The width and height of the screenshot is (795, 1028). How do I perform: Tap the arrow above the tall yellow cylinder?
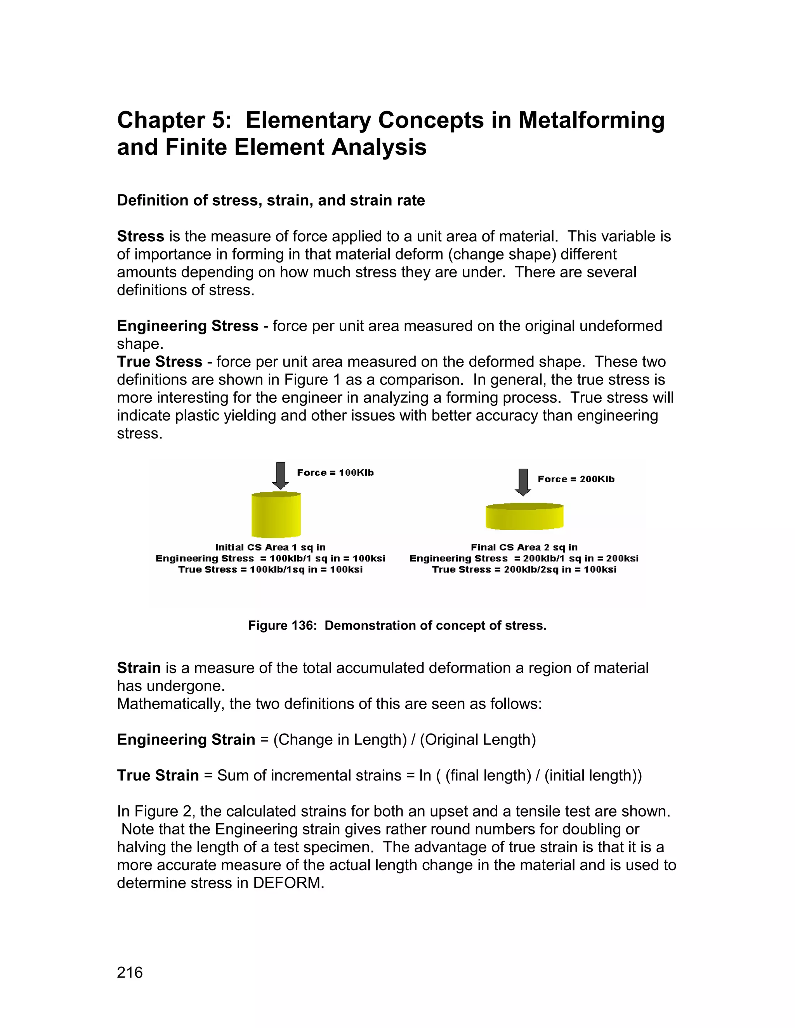(x=281, y=476)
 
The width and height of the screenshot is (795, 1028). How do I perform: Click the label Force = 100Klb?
(x=335, y=472)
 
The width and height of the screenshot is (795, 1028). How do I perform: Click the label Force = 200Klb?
(x=576, y=479)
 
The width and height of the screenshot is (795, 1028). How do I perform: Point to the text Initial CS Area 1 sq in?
(x=270, y=547)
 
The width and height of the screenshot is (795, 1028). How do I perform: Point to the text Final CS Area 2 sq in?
(x=524, y=547)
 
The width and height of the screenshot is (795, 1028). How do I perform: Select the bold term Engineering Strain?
(x=186, y=739)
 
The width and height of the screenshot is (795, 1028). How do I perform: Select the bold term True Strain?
(x=158, y=775)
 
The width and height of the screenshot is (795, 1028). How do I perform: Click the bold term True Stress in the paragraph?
(x=159, y=362)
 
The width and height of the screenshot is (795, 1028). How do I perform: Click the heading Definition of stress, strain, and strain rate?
(x=271, y=201)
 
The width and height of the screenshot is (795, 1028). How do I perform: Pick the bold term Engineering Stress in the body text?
(x=187, y=326)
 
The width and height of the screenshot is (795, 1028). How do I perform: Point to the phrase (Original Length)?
(x=477, y=739)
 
